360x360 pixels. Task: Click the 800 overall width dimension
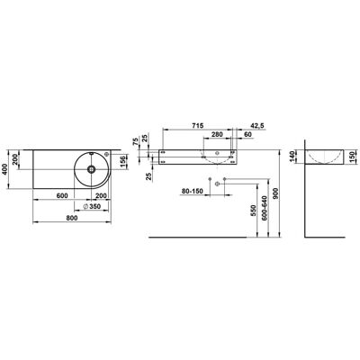(x=72, y=218)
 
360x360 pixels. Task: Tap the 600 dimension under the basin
(x=62, y=195)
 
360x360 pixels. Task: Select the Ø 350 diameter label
(x=92, y=206)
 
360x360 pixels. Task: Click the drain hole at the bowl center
(x=91, y=169)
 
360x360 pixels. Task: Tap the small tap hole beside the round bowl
(x=106, y=155)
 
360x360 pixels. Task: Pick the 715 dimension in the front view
(x=198, y=125)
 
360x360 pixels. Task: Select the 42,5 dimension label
(x=257, y=126)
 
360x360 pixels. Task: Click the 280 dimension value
(x=217, y=134)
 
